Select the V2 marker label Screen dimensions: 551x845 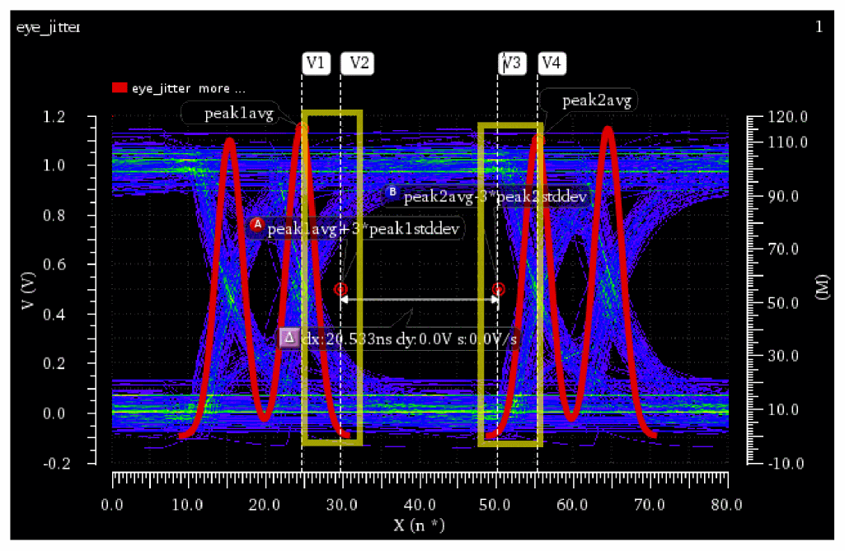358,63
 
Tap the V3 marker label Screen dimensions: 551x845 511,63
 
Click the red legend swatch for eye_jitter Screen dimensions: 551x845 120,88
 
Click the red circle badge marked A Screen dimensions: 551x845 257,224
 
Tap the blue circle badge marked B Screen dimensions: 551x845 392,194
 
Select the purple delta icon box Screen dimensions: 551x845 289,338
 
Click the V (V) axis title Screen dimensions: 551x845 29,290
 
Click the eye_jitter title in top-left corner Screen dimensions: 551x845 48,28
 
